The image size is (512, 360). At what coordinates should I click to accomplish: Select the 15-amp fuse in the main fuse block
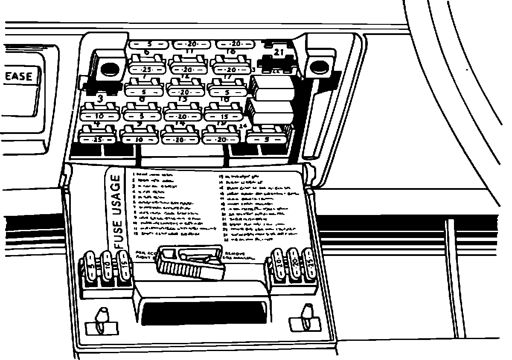(x=224, y=116)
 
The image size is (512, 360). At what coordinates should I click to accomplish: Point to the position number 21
(x=279, y=52)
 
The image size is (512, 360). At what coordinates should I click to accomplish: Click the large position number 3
(x=100, y=99)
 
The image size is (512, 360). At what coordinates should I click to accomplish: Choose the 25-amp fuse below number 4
(x=98, y=139)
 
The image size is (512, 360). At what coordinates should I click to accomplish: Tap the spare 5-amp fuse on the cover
(x=92, y=269)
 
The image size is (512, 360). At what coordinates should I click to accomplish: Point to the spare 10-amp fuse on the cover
(x=108, y=268)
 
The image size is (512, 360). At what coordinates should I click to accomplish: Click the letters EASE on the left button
(x=19, y=77)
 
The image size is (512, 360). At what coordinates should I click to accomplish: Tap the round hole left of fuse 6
(x=109, y=68)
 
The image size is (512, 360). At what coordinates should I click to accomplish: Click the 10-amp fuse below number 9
(x=139, y=139)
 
